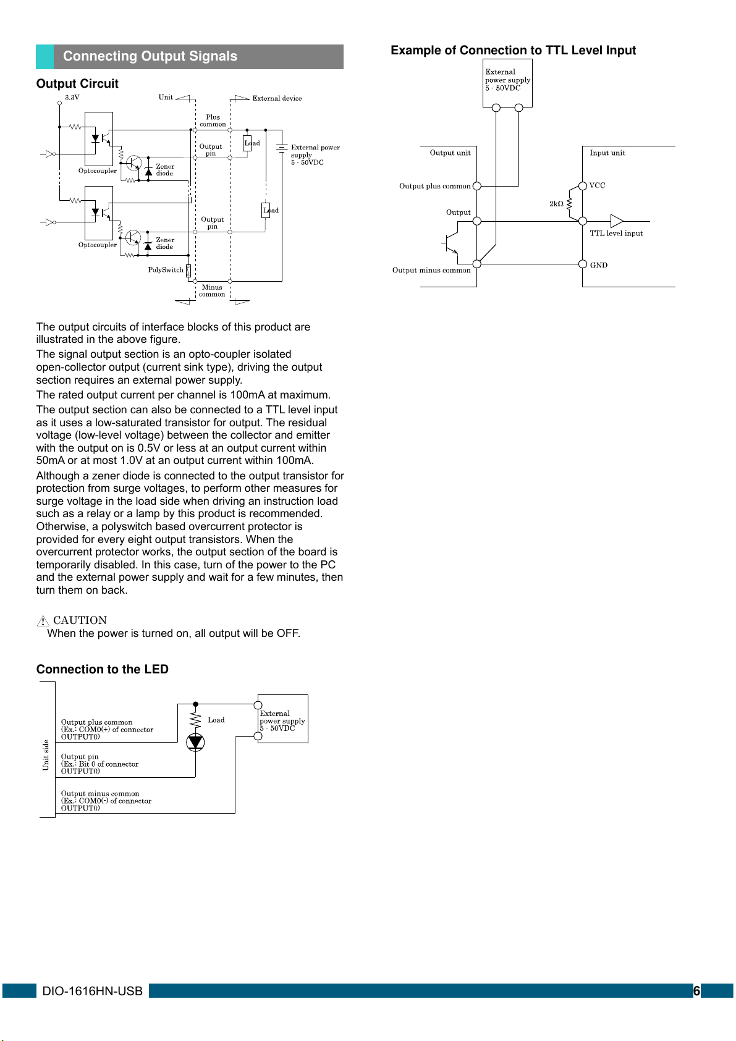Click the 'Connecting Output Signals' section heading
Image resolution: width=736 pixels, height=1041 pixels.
pos(150,56)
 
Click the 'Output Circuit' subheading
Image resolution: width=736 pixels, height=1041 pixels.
pos(77,83)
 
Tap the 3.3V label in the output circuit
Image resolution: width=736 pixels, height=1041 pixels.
pos(72,98)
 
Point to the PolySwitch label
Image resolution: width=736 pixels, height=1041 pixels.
pos(166,270)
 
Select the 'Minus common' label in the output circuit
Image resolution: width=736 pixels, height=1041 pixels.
pos(212,290)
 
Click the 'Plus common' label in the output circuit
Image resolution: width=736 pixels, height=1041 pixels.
pos(213,120)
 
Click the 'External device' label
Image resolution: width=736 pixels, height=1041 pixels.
pos(277,98)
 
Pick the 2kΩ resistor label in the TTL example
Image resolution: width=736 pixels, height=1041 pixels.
pos(556,204)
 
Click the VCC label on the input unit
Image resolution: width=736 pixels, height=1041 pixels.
pos(597,185)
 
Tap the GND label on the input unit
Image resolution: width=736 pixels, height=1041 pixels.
pos(598,266)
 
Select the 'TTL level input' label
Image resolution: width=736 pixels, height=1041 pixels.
pos(616,234)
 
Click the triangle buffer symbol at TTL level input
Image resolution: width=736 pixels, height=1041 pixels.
pos(616,221)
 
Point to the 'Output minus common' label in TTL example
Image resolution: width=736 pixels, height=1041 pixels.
pos(431,271)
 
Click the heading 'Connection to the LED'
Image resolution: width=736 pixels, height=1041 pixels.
pos(102,669)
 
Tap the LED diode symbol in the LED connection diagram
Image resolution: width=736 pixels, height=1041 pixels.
pos(195,742)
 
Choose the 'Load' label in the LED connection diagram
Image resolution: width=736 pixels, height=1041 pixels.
pos(216,720)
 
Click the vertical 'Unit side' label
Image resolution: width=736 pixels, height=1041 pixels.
pos(46,755)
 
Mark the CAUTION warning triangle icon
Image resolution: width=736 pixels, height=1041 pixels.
pos(43,621)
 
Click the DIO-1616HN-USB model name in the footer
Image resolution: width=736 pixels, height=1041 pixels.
pos(92,991)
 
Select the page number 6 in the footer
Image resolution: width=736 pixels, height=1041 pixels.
pos(696,991)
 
